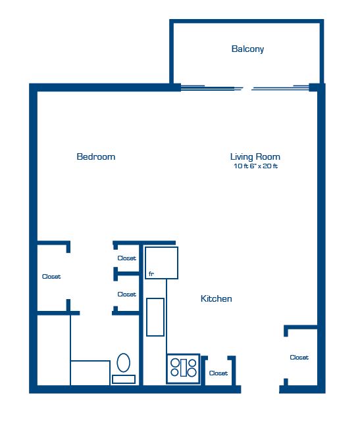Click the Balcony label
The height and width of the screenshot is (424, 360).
pyautogui.click(x=247, y=49)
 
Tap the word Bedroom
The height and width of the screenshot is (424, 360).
pyautogui.click(x=96, y=156)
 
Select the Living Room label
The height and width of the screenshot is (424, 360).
pyautogui.click(x=255, y=156)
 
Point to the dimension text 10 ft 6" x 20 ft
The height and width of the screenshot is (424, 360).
pyautogui.click(x=255, y=166)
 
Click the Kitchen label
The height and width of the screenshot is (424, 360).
pyautogui.click(x=216, y=298)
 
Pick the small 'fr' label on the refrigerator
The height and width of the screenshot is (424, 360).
pyautogui.click(x=151, y=273)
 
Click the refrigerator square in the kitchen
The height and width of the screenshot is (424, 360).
pyautogui.click(x=162, y=262)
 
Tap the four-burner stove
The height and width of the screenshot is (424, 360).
pyautogui.click(x=184, y=367)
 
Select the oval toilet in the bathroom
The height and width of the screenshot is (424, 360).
pyautogui.click(x=123, y=362)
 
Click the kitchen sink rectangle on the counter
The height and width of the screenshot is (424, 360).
pyautogui.click(x=155, y=316)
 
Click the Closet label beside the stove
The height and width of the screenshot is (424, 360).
pyautogui.click(x=218, y=373)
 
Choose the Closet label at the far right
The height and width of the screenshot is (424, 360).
pyautogui.click(x=299, y=358)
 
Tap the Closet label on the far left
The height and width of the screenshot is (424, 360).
pyautogui.click(x=51, y=277)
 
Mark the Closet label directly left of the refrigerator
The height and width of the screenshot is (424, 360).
pyautogui.click(x=126, y=258)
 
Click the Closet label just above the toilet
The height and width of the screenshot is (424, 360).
pyautogui.click(x=126, y=294)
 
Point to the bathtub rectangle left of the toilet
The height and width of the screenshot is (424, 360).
pyautogui.click(x=90, y=372)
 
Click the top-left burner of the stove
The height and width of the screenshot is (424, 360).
pyautogui.click(x=176, y=362)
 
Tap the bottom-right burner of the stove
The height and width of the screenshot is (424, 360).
pyautogui.click(x=192, y=373)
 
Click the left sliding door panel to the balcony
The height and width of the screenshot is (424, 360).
pyautogui.click(x=211, y=87)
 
